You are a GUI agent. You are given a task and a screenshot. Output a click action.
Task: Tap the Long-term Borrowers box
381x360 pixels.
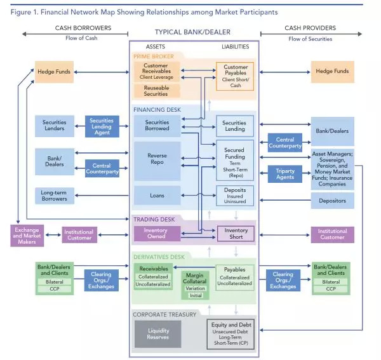pyautogui.click(x=54, y=195)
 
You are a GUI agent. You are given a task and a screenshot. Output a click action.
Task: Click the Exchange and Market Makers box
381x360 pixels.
pyautogui.click(x=27, y=235)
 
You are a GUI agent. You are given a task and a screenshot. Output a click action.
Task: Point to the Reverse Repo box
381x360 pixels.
pyautogui.click(x=157, y=160)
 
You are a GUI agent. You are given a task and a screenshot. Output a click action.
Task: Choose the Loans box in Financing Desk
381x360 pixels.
pyautogui.click(x=157, y=196)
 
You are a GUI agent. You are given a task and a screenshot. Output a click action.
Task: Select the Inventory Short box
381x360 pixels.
pyautogui.click(x=235, y=234)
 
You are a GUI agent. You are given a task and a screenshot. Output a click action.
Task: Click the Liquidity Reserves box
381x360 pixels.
pyautogui.click(x=157, y=334)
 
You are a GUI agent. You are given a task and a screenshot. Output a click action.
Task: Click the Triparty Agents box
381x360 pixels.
pyautogui.click(x=285, y=174)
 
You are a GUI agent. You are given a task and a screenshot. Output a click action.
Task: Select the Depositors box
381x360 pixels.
pyautogui.click(x=332, y=201)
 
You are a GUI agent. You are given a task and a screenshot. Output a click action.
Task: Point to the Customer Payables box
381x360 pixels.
pyautogui.click(x=235, y=76)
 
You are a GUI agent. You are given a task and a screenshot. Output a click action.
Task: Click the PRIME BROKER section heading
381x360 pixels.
pyautogui.click(x=154, y=57)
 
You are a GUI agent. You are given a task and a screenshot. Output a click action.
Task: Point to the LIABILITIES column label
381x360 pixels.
pyautogui.click(x=235, y=46)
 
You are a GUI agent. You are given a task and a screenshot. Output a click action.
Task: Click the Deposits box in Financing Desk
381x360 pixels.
pyautogui.click(x=235, y=196)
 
